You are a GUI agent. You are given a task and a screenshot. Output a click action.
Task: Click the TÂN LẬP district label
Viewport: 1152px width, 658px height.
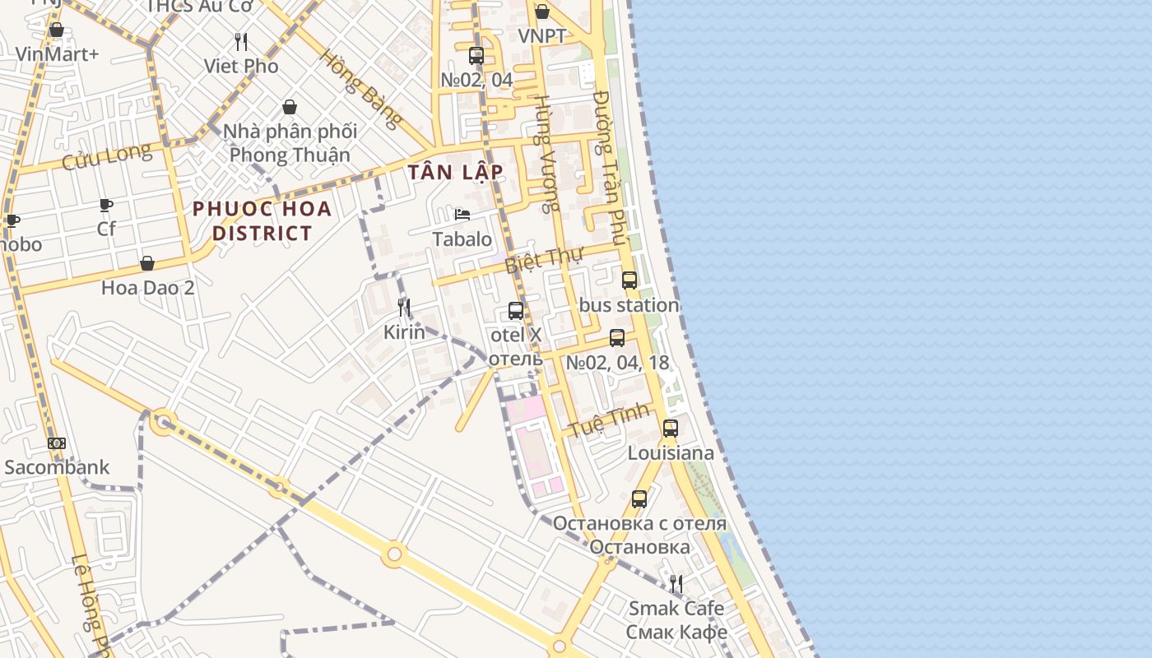tap(454, 172)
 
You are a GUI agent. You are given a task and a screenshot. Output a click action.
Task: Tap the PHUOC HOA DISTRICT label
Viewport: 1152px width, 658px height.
tap(262, 220)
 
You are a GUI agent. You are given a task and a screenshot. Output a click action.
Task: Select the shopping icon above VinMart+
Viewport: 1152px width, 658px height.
tap(57, 30)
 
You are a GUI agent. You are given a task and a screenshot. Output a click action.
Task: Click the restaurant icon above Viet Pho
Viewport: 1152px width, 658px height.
tap(241, 41)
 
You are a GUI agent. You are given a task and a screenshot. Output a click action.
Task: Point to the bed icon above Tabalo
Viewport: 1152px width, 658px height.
tap(462, 215)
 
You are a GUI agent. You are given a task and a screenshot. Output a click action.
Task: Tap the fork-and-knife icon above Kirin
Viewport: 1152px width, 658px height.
tap(404, 308)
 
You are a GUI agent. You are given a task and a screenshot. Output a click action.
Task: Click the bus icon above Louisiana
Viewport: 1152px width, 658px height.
tap(671, 428)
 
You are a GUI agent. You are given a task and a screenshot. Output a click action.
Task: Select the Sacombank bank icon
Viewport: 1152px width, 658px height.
tap(57, 443)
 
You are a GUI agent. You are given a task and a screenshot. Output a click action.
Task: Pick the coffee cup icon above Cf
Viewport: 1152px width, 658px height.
tap(106, 205)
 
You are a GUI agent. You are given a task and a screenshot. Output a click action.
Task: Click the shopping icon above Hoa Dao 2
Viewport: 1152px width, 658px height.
tap(147, 263)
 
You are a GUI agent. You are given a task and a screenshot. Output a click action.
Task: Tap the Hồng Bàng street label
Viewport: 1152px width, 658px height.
tap(361, 89)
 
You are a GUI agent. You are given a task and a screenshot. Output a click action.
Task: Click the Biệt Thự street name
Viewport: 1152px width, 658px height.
tap(543, 259)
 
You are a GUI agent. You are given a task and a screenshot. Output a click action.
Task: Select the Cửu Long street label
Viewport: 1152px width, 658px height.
tap(107, 155)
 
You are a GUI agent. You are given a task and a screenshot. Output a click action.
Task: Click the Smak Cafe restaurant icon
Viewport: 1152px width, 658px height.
tap(676, 584)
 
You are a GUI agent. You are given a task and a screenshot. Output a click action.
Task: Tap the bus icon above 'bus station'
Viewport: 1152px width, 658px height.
tap(629, 280)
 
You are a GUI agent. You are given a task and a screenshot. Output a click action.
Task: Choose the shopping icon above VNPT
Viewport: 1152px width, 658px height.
tap(542, 12)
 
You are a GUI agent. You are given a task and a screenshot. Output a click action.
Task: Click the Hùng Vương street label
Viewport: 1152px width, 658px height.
tap(545, 152)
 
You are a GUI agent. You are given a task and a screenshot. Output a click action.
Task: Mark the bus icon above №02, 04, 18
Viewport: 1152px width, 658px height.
tap(616, 337)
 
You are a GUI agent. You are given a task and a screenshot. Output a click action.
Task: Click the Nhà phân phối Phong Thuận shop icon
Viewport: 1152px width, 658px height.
tap(290, 107)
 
